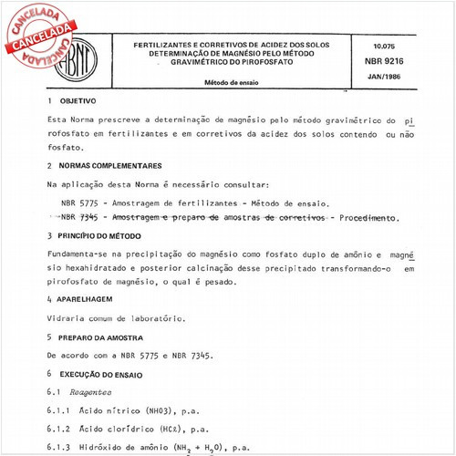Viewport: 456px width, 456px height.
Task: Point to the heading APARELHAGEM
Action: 88,298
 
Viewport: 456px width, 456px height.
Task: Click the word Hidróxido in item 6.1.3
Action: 112,449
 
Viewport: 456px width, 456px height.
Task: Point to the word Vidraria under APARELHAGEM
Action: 67,318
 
